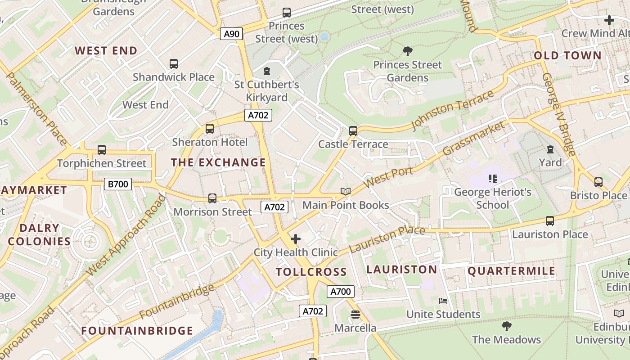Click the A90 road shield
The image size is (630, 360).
(x=232, y=33)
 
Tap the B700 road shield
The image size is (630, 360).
(x=118, y=184)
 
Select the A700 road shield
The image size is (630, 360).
(x=340, y=292)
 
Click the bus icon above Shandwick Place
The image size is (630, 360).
(x=174, y=64)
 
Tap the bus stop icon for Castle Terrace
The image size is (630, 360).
(x=353, y=131)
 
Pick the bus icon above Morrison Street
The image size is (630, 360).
(x=212, y=198)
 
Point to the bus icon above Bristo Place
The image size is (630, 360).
(x=598, y=182)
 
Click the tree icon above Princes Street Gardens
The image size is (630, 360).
(x=408, y=51)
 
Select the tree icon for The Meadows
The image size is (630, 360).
(x=506, y=326)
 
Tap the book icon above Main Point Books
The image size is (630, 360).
(x=346, y=192)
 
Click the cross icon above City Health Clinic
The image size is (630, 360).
(x=296, y=239)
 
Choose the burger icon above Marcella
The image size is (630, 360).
(x=355, y=315)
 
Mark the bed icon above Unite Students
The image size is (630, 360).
(x=443, y=301)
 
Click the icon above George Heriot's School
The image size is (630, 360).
(x=492, y=179)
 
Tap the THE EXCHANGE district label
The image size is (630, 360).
(x=218, y=162)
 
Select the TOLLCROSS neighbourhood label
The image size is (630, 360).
(x=311, y=272)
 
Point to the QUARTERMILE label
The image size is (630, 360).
(x=512, y=271)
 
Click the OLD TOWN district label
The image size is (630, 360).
(x=567, y=56)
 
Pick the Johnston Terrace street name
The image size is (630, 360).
(x=452, y=109)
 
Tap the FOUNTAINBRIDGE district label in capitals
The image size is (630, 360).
(x=137, y=331)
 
